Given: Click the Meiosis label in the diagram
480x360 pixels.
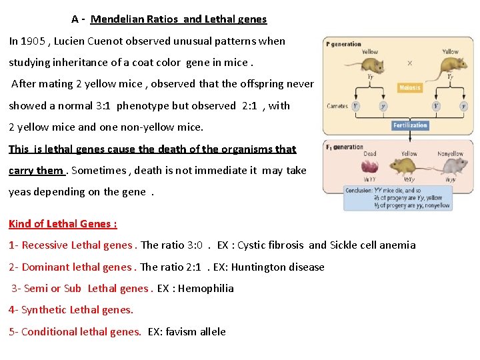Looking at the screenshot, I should point(409,88).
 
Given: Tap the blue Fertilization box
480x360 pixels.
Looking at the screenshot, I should point(409,125).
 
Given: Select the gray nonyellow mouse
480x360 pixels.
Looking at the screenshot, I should point(451,165).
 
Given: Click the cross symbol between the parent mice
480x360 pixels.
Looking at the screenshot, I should point(409,63).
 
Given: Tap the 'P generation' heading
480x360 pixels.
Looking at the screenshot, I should point(344,44).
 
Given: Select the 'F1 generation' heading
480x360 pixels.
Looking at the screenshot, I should point(345,147).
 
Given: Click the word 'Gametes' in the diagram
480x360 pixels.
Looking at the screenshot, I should point(337,106).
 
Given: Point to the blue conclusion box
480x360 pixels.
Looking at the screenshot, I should point(398,198).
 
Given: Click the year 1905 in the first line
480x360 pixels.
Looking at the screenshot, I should point(33,41).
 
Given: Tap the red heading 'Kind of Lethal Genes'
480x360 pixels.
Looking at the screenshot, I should point(63,224).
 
